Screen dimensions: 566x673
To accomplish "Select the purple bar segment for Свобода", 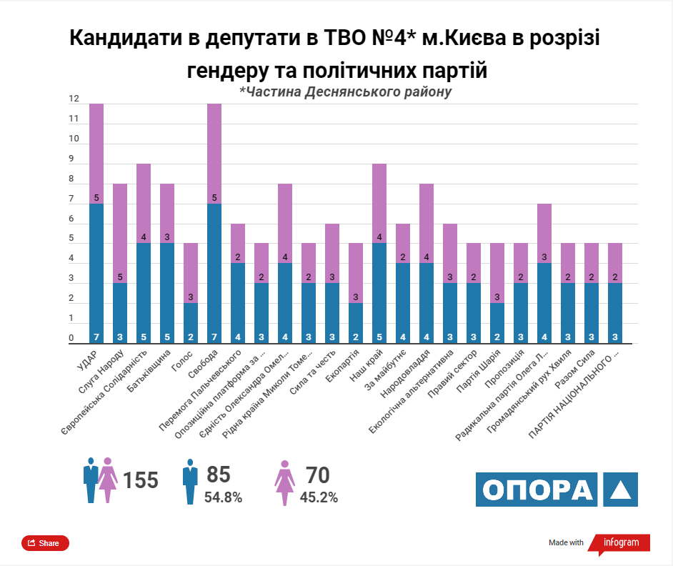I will coord(214,154).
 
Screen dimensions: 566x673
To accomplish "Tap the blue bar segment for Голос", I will coord(191,323).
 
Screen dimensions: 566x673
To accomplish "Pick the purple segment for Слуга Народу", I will coord(120,233).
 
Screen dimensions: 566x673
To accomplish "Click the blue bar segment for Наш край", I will coord(379,293).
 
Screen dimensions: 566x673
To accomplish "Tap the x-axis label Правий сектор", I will coord(456,370).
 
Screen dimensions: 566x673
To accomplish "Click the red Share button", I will coord(45,543).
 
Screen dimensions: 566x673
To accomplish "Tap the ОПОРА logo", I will coord(557,490).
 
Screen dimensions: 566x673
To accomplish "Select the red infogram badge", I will coord(619,543).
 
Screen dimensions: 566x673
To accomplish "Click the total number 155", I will coord(140,480).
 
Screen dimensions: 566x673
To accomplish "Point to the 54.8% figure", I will coord(224,497).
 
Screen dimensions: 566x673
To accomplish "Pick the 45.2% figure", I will coord(319,497).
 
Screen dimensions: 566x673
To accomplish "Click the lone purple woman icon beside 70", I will coord(284,482).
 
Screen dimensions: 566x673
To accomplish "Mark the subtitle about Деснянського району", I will coord(345,92).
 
